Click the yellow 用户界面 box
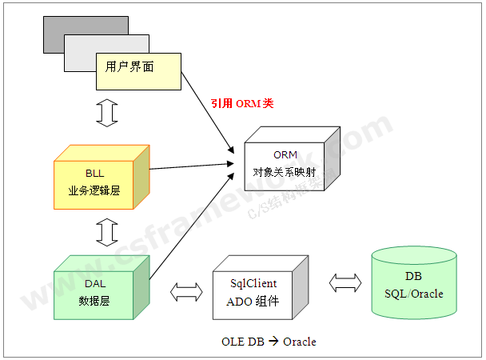click(137, 71)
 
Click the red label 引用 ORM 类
click(241, 103)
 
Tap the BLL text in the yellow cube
click(94, 173)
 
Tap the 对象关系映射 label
click(285, 171)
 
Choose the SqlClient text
click(253, 283)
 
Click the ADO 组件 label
click(253, 301)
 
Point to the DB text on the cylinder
click(412, 277)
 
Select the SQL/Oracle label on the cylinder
click(412, 294)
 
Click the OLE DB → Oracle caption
click(269, 342)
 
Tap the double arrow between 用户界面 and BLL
click(106, 113)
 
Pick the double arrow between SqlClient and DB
click(345, 282)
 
